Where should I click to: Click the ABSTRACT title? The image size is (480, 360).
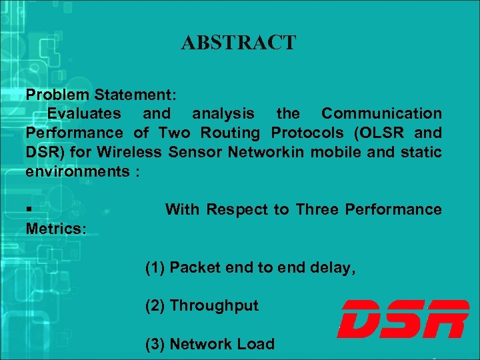(238, 43)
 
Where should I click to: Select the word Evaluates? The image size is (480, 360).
(84, 113)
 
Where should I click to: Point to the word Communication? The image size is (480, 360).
(381, 113)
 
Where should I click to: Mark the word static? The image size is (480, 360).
(421, 152)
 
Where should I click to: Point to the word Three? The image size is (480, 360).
(317, 210)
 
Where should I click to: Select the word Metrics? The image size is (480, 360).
(56, 229)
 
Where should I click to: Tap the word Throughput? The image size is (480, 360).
(214, 306)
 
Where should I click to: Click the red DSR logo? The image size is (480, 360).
(403, 319)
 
